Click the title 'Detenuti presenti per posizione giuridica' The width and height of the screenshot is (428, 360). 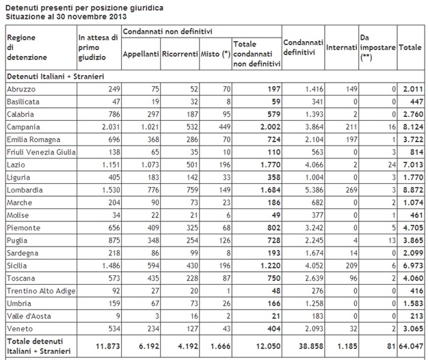pyautogui.click(x=76, y=5)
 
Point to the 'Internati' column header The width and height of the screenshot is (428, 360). pyautogui.click(x=341, y=48)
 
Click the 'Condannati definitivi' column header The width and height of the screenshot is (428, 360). pyautogui.click(x=303, y=48)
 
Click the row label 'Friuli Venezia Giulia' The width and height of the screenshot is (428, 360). pyautogui.click(x=38, y=152)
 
